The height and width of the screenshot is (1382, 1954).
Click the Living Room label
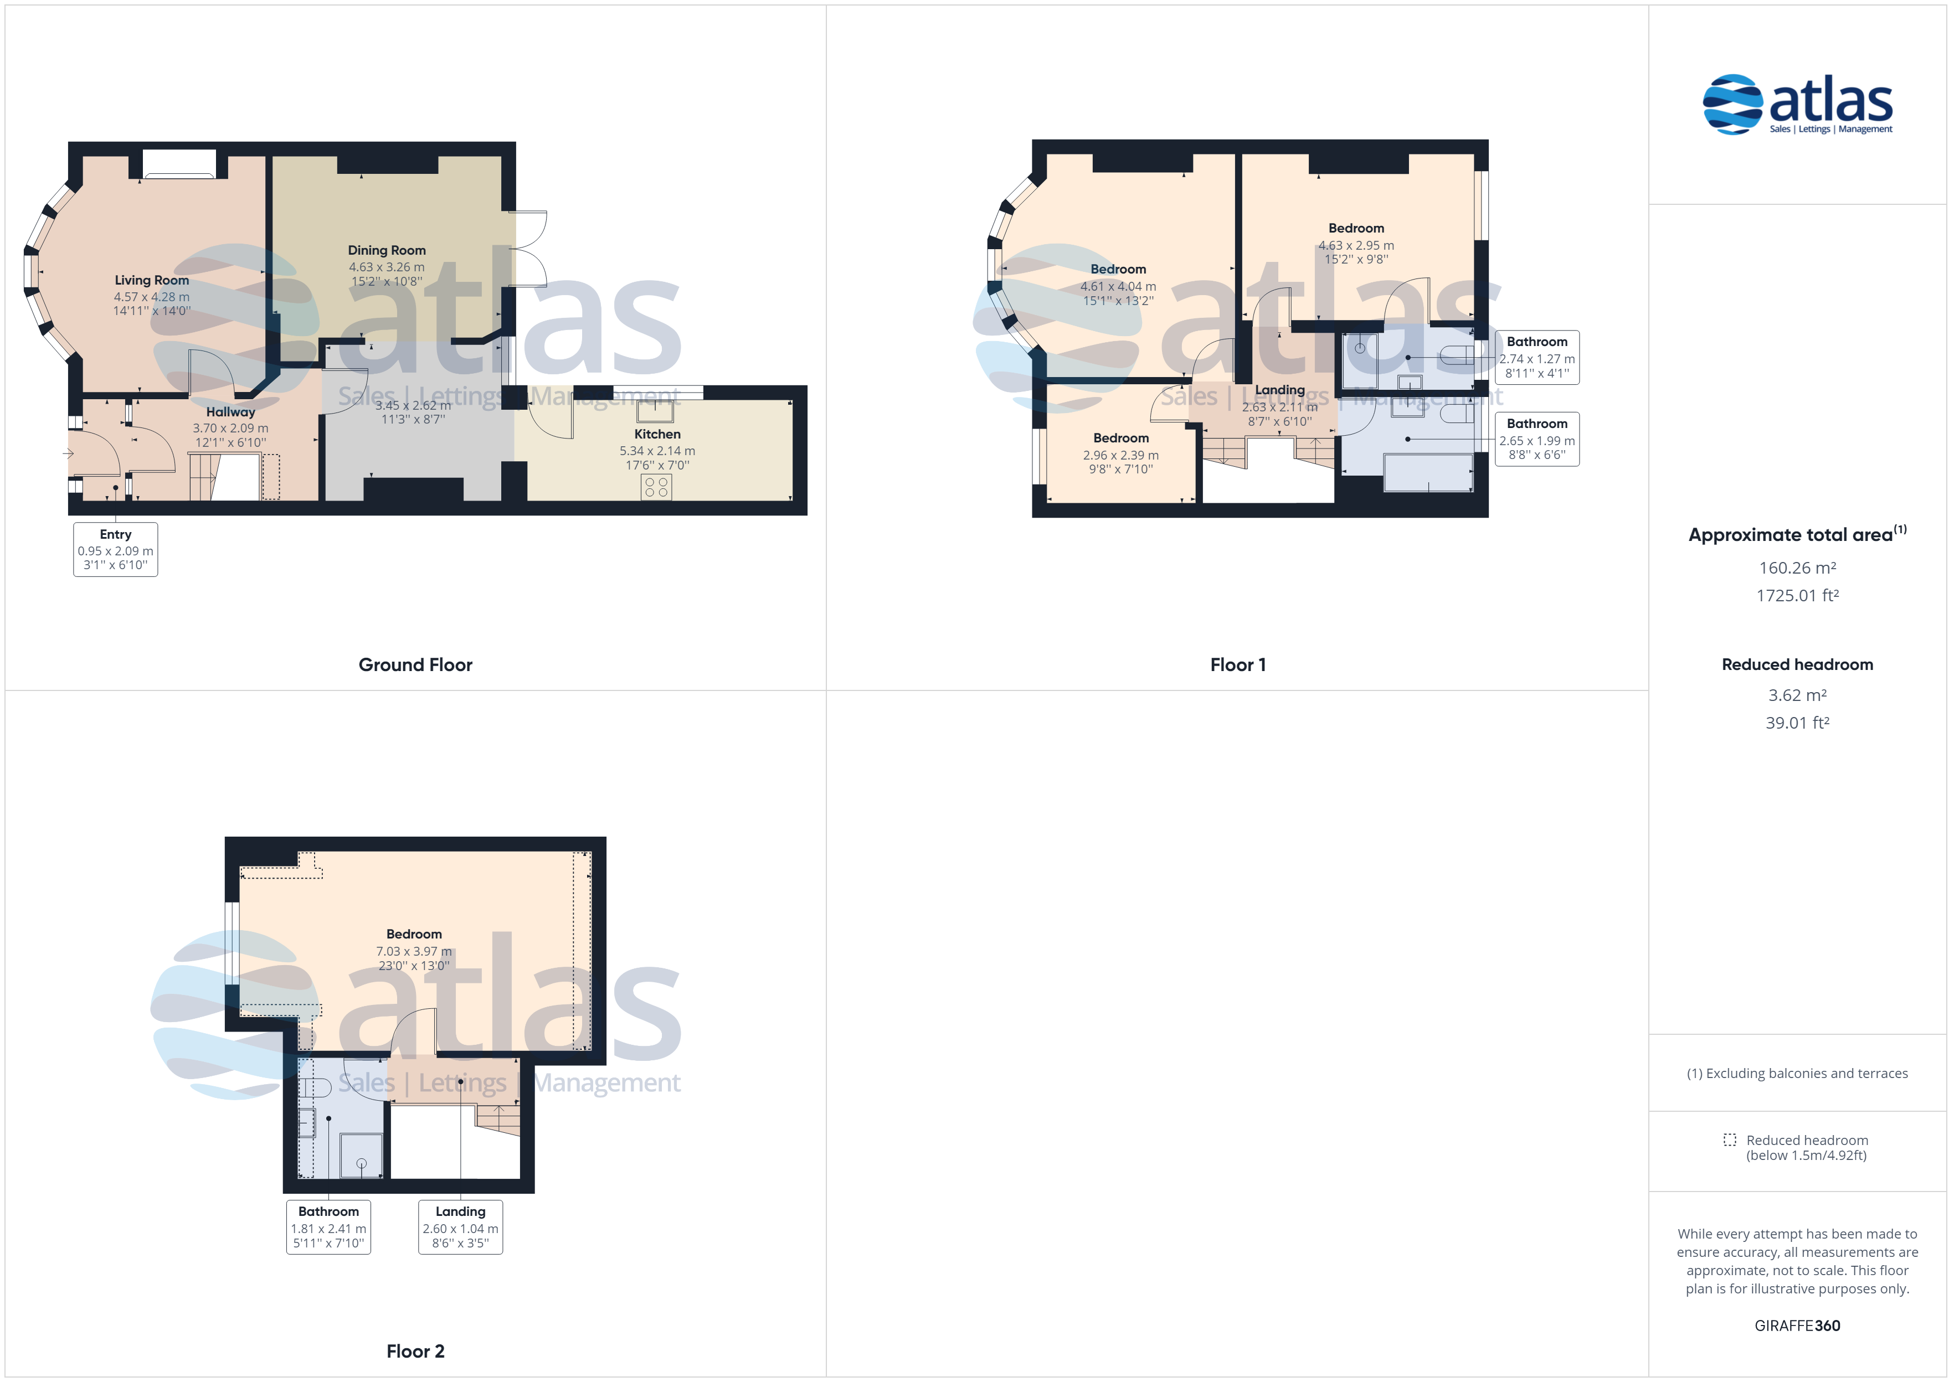(152, 280)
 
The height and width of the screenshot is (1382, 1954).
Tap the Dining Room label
(387, 250)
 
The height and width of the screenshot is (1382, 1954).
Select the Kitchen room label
(657, 434)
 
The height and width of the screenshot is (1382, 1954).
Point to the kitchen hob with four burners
(656, 487)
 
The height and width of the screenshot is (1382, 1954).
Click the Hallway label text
(230, 412)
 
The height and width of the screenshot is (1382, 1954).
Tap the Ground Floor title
(415, 664)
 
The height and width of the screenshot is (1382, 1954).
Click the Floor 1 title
(1237, 664)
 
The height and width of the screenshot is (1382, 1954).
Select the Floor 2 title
(415, 1352)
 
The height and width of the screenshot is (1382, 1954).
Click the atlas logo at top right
(1797, 105)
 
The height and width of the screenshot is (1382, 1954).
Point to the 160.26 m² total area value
(1797, 568)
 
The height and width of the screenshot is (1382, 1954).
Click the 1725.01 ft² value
(1797, 596)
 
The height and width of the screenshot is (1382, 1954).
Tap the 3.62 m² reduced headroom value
(1797, 695)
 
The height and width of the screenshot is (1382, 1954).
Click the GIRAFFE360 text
(1797, 1326)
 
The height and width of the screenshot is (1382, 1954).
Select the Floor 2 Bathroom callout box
(328, 1226)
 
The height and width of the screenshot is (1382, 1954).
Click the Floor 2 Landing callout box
(460, 1226)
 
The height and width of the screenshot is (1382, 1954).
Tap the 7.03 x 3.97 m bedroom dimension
(414, 951)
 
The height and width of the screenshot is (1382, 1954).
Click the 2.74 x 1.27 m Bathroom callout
(1537, 358)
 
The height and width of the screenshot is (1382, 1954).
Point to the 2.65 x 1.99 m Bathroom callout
(1537, 439)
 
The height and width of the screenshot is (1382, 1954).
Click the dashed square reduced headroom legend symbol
(1729, 1139)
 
